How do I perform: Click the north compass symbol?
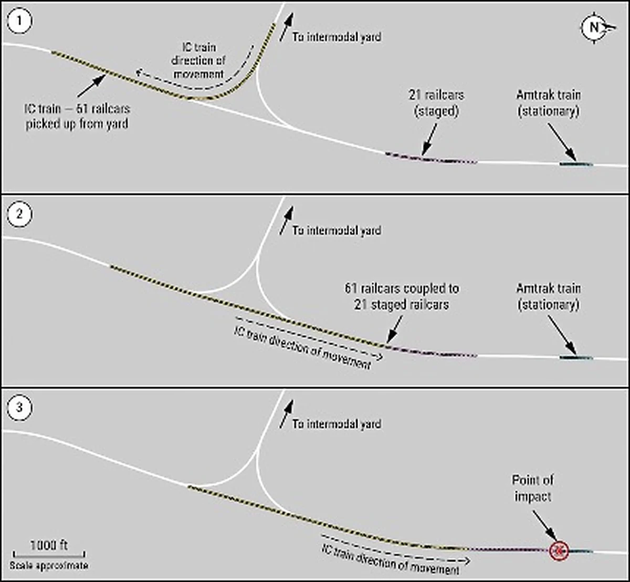pos(594,27)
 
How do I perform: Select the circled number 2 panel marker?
pos(20,214)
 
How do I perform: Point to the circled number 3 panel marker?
pos(20,408)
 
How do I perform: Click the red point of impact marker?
pos(559,550)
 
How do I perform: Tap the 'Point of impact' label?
pos(533,488)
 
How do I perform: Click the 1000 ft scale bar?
pos(49,553)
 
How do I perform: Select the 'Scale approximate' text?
pos(49,566)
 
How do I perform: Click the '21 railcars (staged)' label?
pos(436,103)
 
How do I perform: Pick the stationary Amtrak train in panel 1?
pos(576,164)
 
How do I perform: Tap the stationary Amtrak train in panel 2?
pos(576,358)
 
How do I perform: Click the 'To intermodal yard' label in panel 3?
pos(337,424)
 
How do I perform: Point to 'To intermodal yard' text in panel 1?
pos(337,37)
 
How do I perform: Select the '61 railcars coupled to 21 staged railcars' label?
pos(402,296)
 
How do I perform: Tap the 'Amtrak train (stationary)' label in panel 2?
pos(549,296)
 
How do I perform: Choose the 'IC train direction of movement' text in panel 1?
pos(198,61)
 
